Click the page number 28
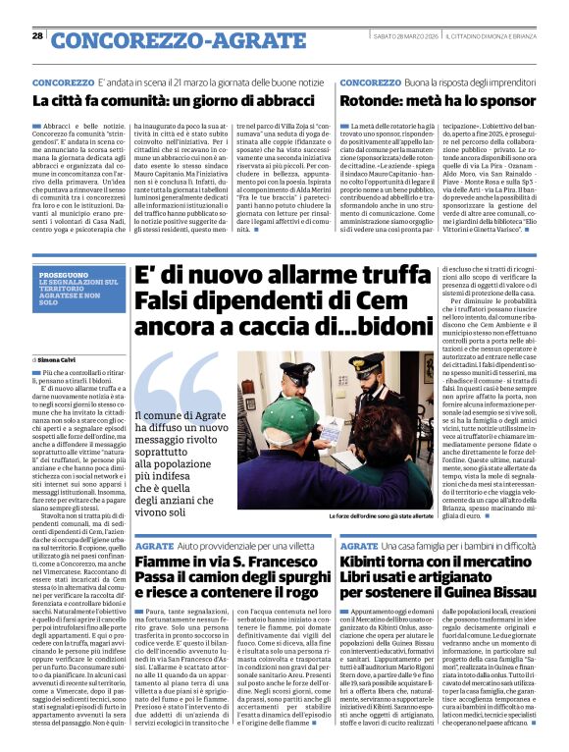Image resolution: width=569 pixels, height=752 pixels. [38, 36]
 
